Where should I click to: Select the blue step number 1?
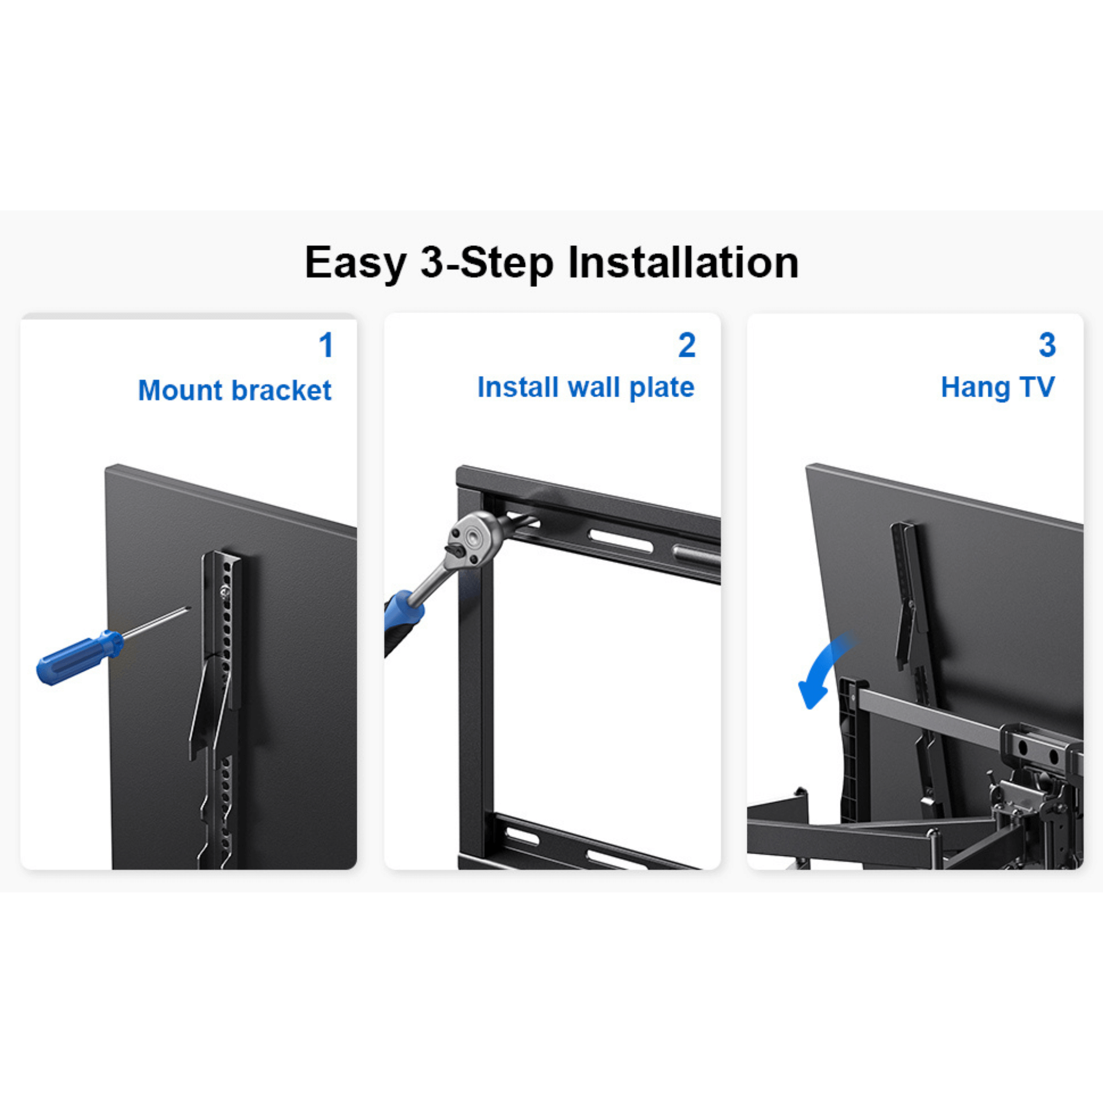tap(326, 345)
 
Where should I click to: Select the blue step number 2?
tap(687, 345)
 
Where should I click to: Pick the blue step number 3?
tap(1047, 345)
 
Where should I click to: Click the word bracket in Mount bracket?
tap(281, 390)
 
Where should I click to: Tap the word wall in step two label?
tap(594, 387)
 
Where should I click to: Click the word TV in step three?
tap(1037, 387)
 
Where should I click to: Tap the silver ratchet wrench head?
tap(474, 537)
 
